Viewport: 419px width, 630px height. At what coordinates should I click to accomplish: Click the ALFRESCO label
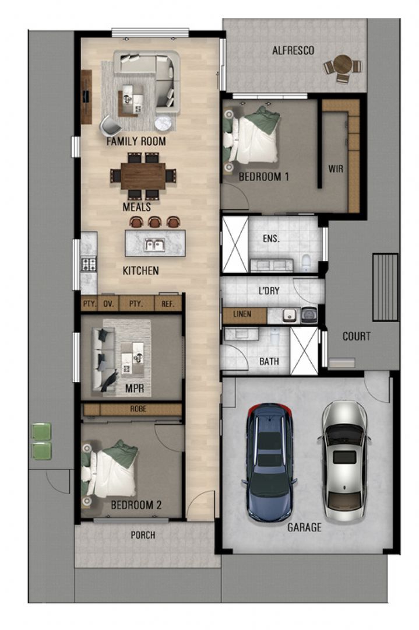(x=293, y=51)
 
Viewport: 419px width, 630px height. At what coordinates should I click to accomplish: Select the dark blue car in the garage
(x=270, y=461)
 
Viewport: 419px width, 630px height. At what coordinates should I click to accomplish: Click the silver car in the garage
(x=344, y=452)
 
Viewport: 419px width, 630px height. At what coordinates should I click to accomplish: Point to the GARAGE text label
(x=304, y=527)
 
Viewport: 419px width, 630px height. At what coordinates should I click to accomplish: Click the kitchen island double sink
(x=154, y=245)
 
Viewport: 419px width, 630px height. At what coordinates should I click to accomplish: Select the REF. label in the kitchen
(x=168, y=304)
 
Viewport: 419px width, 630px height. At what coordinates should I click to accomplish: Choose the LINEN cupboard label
(x=242, y=314)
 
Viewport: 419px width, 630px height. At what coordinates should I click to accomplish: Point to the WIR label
(x=336, y=169)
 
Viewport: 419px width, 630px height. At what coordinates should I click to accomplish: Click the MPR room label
(x=135, y=388)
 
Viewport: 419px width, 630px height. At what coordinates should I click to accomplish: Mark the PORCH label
(x=143, y=535)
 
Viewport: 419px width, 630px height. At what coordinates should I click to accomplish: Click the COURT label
(x=357, y=337)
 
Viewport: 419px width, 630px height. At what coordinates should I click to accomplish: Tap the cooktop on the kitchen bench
(x=89, y=264)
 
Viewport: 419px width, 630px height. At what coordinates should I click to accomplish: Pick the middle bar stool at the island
(x=154, y=222)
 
